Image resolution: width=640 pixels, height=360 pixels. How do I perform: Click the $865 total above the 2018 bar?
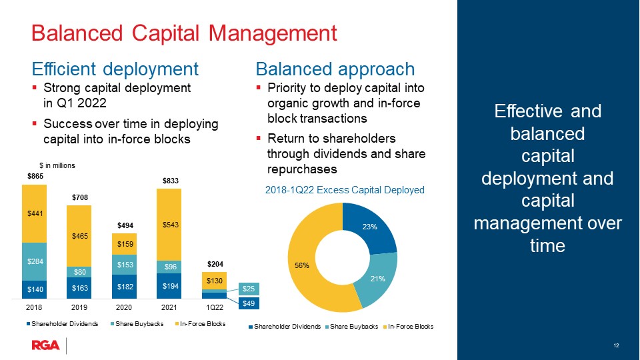(35, 176)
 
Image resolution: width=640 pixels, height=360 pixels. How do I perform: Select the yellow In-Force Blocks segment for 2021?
(169, 225)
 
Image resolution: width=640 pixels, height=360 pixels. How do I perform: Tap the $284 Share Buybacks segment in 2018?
(34, 261)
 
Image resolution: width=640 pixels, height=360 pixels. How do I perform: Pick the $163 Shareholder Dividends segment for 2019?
(79, 288)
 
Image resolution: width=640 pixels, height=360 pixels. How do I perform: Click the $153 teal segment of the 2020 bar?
(124, 265)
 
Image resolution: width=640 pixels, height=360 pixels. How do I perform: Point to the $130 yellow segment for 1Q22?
(214, 281)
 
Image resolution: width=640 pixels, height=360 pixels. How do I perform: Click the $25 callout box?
(249, 289)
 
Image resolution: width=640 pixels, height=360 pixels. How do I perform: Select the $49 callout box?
(249, 303)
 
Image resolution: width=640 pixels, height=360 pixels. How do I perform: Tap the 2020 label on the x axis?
(124, 307)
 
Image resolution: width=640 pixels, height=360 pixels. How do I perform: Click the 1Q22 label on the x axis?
(214, 307)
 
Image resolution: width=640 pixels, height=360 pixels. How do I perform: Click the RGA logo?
(45, 345)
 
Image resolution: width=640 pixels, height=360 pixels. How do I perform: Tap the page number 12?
(616, 345)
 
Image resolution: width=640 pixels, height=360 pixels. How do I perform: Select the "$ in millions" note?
(57, 165)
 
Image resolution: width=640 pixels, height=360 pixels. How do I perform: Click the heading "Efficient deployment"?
(115, 69)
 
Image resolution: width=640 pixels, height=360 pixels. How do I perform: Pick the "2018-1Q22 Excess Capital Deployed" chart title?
(345, 190)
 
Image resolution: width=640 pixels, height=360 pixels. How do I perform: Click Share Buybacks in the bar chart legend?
(137, 324)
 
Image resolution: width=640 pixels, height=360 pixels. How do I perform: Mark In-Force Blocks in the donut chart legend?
(408, 327)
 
